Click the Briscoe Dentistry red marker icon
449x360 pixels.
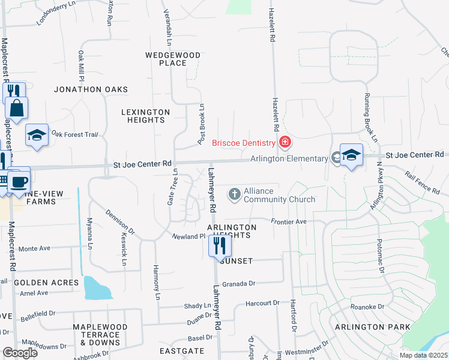285,142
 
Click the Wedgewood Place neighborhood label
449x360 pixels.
173,59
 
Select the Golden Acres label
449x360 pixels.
46,282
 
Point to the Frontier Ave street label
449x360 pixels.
289,221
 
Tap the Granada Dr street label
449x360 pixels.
239,284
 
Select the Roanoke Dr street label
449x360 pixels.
367,307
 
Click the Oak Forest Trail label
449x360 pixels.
74,134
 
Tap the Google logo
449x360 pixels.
20,352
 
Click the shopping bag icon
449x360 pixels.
16,107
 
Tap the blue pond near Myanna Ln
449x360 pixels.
97,289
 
